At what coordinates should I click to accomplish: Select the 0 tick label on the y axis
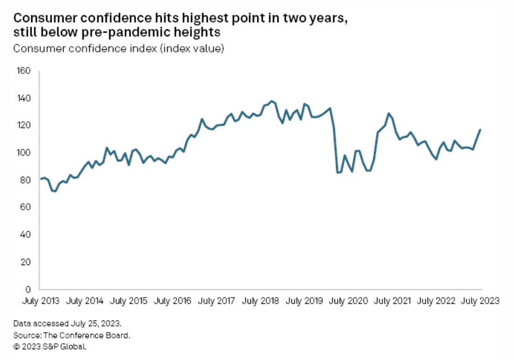coord(28,289)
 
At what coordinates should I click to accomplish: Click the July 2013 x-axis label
coord(41,301)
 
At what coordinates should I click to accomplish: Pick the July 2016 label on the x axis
coord(172,301)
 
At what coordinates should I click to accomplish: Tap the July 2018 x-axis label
coord(260,301)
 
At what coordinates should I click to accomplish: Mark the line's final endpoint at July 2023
coord(481,129)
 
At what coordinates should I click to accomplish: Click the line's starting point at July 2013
coord(40,179)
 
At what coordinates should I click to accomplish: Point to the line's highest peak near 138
coord(272,101)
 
